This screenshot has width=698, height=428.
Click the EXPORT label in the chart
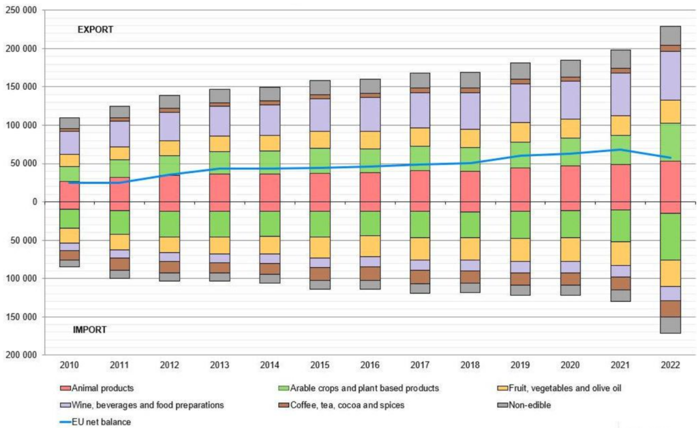point(95,30)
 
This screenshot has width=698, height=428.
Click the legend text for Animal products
point(102,388)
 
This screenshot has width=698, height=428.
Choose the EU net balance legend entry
point(102,422)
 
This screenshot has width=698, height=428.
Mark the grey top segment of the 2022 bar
point(671,35)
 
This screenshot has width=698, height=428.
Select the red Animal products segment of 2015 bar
point(320,192)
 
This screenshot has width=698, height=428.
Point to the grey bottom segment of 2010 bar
point(70,263)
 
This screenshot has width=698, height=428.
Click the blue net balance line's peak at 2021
point(620,149)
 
